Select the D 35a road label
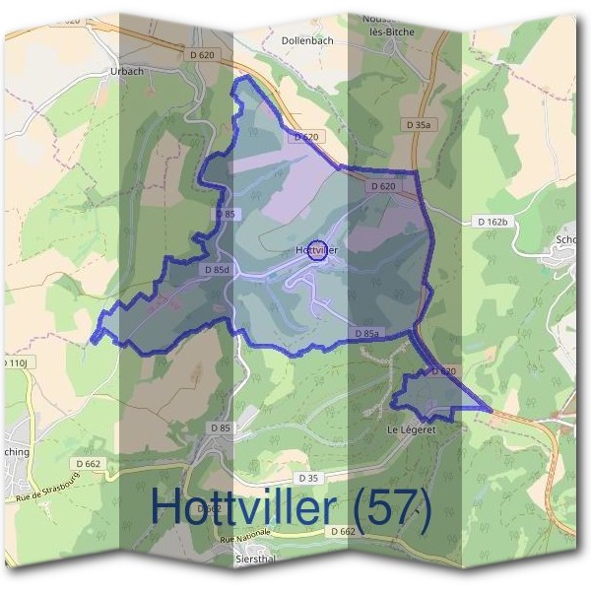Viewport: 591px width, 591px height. [419, 124]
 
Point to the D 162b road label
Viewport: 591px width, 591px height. [490, 222]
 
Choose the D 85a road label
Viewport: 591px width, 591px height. [365, 334]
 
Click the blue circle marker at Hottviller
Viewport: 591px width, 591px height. [317, 250]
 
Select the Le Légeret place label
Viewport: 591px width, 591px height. [411, 430]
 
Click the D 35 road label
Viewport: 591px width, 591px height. [307, 479]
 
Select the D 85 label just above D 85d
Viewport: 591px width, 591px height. [225, 214]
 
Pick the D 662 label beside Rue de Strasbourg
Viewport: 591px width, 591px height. [87, 462]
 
